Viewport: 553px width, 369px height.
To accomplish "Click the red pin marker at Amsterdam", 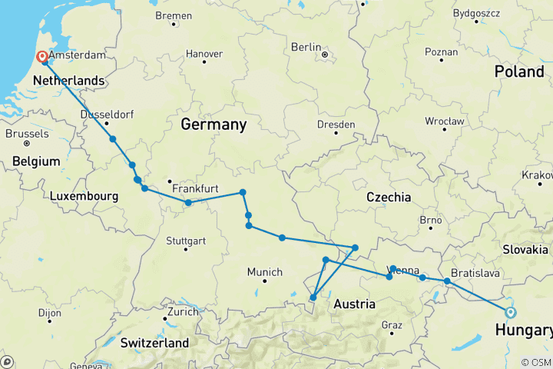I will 42,57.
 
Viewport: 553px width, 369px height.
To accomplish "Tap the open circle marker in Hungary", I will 510,311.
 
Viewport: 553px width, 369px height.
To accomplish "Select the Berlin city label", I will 306,47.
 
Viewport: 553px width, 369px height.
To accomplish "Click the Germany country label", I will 214,124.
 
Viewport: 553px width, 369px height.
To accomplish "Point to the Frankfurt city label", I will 196,188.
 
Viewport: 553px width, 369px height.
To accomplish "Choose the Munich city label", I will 264,272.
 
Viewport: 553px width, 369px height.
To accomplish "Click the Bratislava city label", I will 475,273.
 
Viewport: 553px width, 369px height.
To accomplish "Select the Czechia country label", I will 388,198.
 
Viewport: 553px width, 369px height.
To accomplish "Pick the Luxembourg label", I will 84,196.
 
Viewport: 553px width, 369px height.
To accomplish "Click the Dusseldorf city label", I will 107,115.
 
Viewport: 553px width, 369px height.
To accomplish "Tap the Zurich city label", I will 184,314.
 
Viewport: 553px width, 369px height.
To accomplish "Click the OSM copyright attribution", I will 535,362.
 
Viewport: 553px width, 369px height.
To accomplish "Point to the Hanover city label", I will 204,54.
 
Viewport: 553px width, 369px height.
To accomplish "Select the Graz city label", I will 392,325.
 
